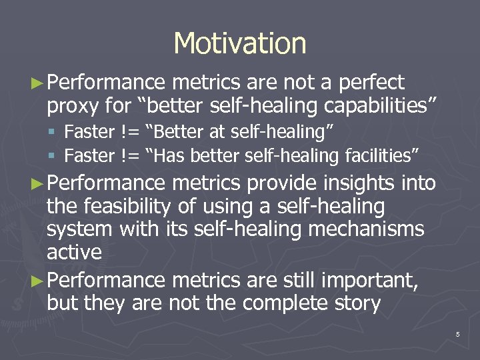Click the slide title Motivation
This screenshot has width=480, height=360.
[240, 43]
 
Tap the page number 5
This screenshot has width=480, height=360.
[458, 334]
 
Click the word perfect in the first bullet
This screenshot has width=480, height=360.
[371, 83]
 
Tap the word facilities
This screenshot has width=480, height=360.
[379, 155]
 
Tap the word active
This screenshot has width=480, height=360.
[74, 252]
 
